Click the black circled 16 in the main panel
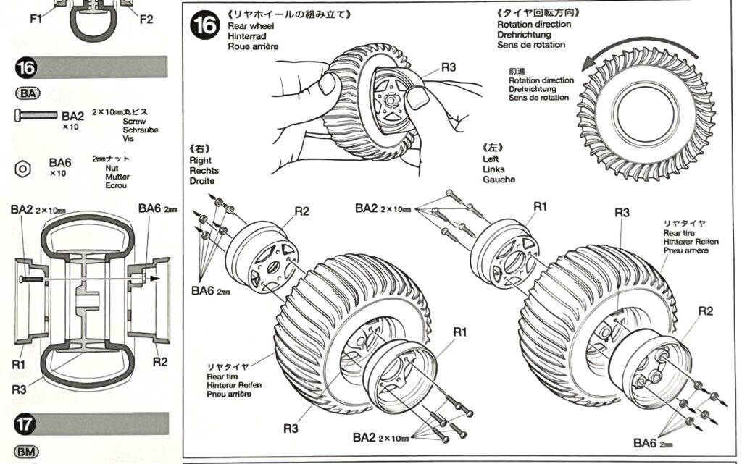coord(204,26)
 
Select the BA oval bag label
coord(27,93)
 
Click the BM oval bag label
coord(27,452)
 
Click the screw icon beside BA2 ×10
coord(36,114)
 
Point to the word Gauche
coord(499,179)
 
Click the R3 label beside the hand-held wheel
coord(449,67)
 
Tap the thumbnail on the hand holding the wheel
coord(417,98)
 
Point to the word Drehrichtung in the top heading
coord(524,35)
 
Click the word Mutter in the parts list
coord(117,176)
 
